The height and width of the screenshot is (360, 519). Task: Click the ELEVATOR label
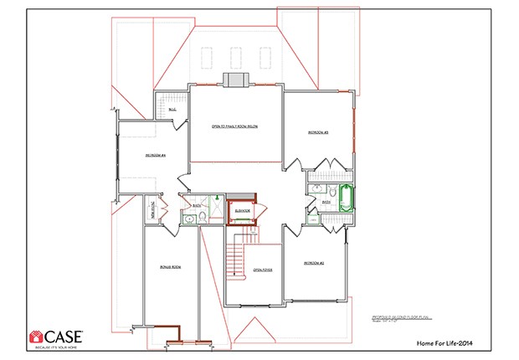(x=243, y=210)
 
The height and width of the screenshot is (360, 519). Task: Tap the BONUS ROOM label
(x=171, y=266)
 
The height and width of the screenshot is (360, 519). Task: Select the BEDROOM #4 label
(x=156, y=155)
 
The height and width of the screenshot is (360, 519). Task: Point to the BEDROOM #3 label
(x=317, y=132)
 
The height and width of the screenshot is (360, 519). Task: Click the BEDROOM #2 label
(x=314, y=263)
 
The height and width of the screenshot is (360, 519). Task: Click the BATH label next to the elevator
(x=197, y=205)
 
